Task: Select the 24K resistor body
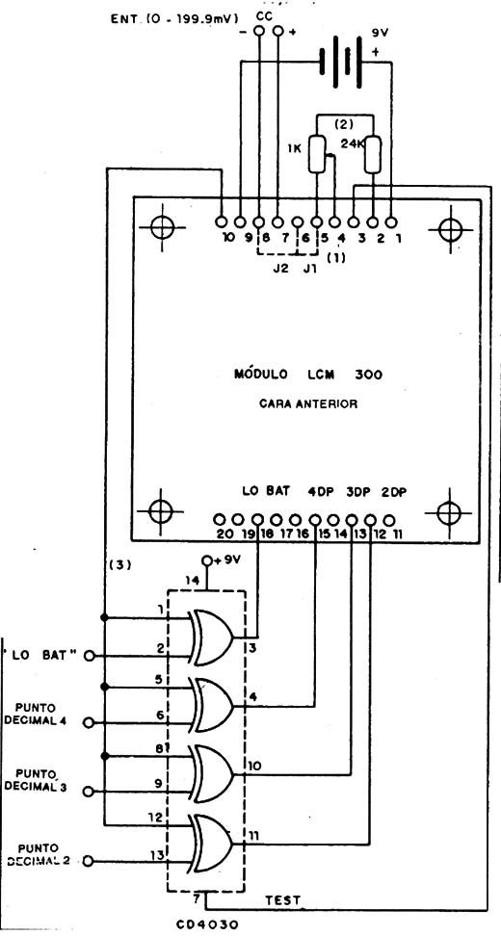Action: coord(373,154)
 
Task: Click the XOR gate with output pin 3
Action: coord(210,637)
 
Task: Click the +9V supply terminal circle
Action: coord(207,560)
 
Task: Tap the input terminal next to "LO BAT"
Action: coord(90,656)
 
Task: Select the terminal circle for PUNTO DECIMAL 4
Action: coord(89,723)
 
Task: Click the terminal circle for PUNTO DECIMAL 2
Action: coord(89,861)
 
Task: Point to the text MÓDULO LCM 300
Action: coord(307,375)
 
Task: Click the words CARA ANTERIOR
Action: coord(308,404)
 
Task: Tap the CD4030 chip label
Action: coord(208,924)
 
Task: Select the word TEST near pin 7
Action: coord(283,899)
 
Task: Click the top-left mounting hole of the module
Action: coord(161,227)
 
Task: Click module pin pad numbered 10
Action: coord(221,222)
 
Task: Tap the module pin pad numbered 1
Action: coord(391,222)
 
